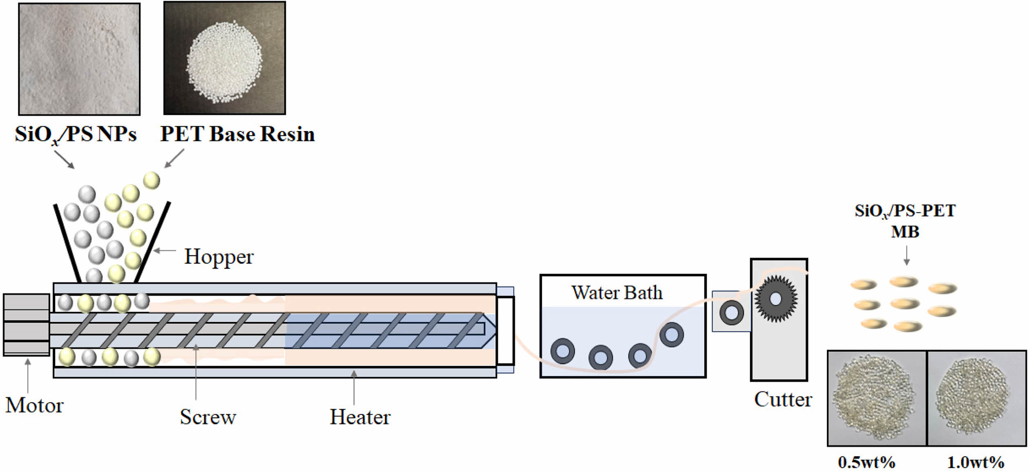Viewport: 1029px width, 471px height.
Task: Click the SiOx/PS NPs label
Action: click(76, 134)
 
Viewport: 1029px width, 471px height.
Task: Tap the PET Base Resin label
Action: click(237, 134)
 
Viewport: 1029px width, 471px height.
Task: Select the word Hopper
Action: click(219, 257)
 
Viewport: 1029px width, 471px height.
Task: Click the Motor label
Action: click(34, 405)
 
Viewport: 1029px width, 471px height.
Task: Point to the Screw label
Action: click(208, 417)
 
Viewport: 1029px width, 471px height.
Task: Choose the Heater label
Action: click(360, 417)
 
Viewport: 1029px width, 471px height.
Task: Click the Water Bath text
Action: click(617, 293)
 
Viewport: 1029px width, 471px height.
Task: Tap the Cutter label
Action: click(783, 400)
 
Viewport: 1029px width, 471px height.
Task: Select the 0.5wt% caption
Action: click(866, 462)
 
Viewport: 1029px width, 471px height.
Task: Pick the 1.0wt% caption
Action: click(976, 462)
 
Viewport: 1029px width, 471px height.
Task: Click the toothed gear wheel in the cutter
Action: click(775, 299)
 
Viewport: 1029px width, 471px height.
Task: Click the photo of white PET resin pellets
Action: click(225, 58)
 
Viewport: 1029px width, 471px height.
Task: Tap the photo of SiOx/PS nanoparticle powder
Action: click(79, 59)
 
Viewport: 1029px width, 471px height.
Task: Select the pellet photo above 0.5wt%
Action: click(876, 398)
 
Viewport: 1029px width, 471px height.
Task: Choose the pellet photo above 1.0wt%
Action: click(976, 398)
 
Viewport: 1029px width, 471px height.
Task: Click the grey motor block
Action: click(27, 325)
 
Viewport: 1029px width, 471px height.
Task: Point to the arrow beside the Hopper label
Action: click(165, 250)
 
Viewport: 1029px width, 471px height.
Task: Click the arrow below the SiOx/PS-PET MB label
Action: click(906, 256)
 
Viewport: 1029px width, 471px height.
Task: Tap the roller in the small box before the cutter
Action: click(731, 313)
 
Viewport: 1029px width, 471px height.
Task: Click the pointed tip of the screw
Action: click(490, 329)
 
